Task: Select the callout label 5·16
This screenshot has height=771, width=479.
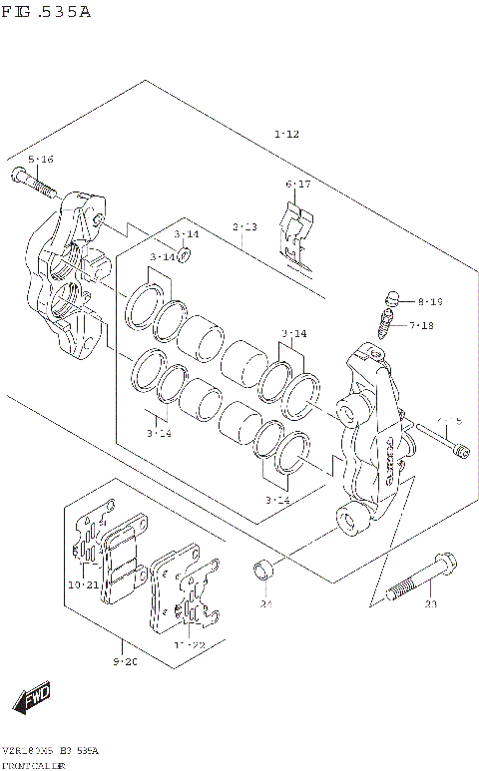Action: [40, 160]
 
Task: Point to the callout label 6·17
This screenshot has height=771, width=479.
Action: [298, 185]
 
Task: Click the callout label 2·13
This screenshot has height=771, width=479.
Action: [244, 228]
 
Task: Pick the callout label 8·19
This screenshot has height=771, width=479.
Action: [429, 301]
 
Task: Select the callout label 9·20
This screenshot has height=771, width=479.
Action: [126, 661]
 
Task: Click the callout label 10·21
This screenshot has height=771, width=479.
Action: [83, 584]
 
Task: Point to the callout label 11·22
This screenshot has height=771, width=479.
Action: [190, 645]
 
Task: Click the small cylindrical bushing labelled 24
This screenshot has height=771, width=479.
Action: [263, 572]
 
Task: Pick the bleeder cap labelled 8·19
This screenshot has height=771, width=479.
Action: [392, 297]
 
